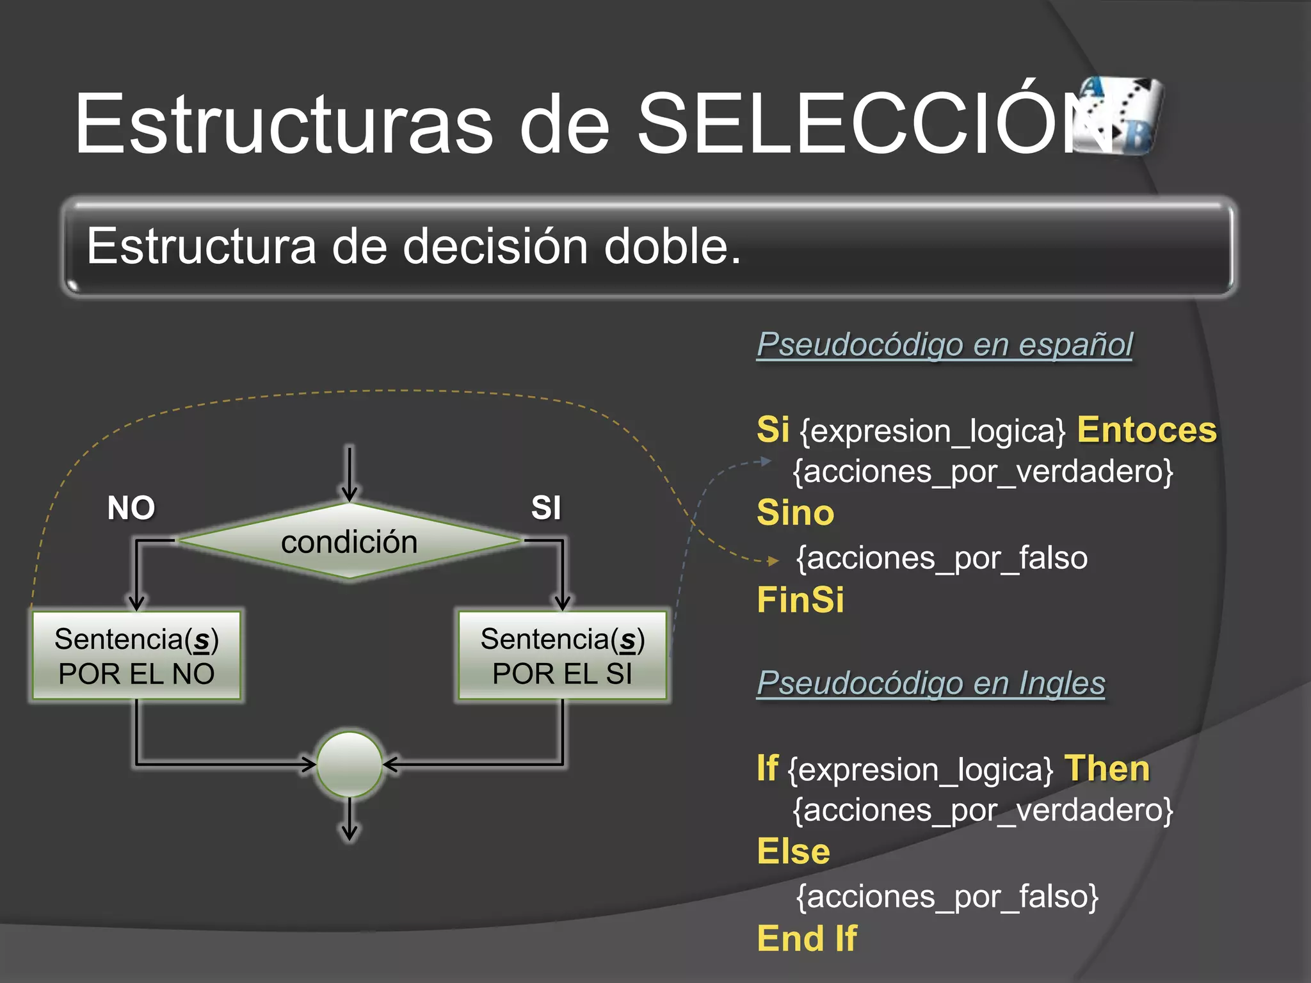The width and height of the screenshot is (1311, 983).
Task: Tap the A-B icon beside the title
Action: (x=1119, y=115)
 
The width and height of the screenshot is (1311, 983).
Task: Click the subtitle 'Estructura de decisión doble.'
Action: (x=414, y=246)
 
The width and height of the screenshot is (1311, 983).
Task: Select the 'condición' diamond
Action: (x=350, y=541)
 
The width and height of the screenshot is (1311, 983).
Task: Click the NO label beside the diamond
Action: (x=131, y=508)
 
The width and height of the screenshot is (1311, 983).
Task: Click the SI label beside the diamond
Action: (x=546, y=508)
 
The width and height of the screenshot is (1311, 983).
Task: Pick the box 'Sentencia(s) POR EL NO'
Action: (x=136, y=655)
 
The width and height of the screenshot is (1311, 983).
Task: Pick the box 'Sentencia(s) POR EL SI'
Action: (x=563, y=655)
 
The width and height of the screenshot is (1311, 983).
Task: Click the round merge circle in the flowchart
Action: (x=350, y=764)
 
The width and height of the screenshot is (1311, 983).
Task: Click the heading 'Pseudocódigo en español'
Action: (x=944, y=344)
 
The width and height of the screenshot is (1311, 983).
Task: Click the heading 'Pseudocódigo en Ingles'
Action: (x=931, y=683)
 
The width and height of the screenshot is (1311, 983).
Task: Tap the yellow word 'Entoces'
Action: (x=1146, y=429)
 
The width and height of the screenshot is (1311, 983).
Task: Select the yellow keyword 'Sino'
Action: (x=796, y=513)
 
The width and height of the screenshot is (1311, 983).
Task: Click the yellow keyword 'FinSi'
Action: (x=800, y=600)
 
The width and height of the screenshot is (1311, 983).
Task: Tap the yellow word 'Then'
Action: (x=1107, y=768)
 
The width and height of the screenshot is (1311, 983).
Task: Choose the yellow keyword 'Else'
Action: (x=793, y=851)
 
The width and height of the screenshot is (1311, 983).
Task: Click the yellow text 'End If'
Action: (x=807, y=938)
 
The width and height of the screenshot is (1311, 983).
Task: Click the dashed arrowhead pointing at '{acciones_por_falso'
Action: (x=773, y=561)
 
